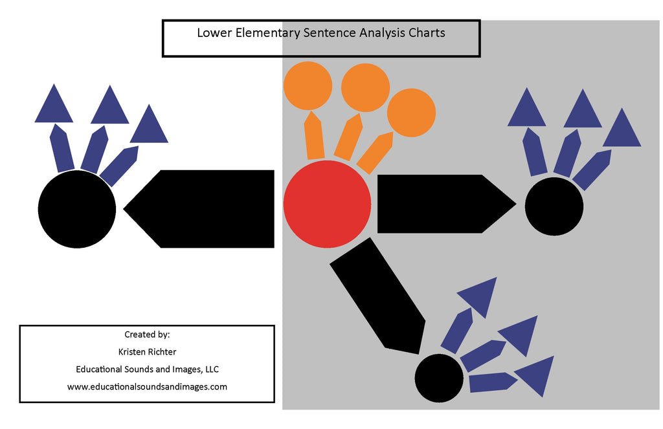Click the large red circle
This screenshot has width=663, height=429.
(x=327, y=204)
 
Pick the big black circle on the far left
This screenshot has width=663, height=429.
(x=77, y=208)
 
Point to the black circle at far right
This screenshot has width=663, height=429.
(x=554, y=206)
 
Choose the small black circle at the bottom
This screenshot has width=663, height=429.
(x=439, y=378)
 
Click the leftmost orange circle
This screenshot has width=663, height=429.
(x=308, y=85)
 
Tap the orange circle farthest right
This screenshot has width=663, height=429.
(x=411, y=113)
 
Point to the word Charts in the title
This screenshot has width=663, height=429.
(x=427, y=32)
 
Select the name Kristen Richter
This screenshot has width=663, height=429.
(x=147, y=352)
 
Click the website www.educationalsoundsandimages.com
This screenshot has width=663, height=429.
(x=147, y=387)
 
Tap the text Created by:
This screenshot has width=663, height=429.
(x=147, y=335)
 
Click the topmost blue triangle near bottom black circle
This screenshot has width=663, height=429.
(x=480, y=294)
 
